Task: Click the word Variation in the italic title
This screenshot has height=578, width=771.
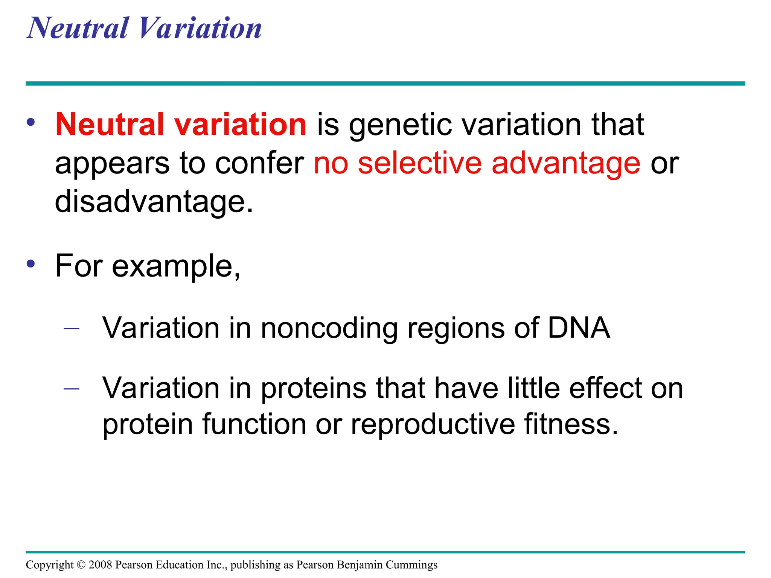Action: [200, 28]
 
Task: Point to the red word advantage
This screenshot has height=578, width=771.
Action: [565, 165]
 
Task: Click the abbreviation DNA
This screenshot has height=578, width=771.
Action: [579, 328]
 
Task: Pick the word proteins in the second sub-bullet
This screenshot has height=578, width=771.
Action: [314, 389]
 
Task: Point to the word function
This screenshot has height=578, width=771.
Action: [254, 424]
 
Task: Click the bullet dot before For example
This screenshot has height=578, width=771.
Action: [31, 263]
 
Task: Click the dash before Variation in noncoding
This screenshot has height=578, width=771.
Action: [72, 329]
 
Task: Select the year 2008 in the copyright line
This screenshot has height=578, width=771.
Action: [101, 565]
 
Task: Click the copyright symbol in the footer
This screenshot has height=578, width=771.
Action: [81, 565]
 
